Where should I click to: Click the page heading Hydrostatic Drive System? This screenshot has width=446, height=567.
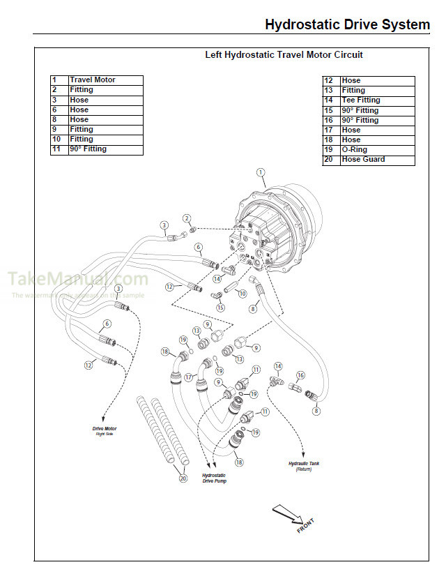347,25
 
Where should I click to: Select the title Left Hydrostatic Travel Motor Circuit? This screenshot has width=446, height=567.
284,54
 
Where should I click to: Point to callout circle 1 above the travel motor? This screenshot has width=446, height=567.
261,172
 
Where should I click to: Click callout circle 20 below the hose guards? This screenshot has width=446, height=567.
183,478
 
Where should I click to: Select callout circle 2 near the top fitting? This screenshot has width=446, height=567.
187,220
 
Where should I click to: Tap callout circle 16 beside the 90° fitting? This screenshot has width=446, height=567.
301,375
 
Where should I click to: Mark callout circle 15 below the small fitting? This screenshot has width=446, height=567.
220,308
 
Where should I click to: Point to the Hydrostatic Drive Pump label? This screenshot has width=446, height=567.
214,478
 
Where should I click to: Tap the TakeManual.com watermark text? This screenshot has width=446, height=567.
77,279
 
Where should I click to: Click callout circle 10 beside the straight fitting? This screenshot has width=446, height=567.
242,294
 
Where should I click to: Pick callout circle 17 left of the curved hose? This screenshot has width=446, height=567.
189,377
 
